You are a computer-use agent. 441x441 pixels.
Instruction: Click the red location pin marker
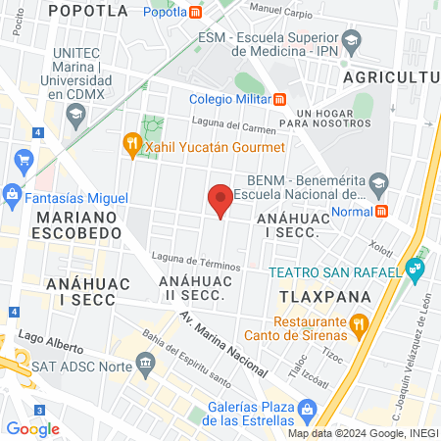click(x=220, y=199)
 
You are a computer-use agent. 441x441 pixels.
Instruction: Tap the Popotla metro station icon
click(x=197, y=12)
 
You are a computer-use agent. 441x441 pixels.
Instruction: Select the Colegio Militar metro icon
click(x=280, y=97)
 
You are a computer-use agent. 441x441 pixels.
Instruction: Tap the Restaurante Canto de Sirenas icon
click(x=359, y=322)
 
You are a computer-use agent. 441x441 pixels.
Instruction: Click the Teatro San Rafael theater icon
click(x=416, y=268)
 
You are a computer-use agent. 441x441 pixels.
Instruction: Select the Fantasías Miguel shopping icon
click(x=13, y=193)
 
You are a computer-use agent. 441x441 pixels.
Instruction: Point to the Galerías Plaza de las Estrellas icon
click(x=307, y=409)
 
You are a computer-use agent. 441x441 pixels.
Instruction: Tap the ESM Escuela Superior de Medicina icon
click(x=354, y=39)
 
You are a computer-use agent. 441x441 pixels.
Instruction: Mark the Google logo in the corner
click(x=32, y=428)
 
